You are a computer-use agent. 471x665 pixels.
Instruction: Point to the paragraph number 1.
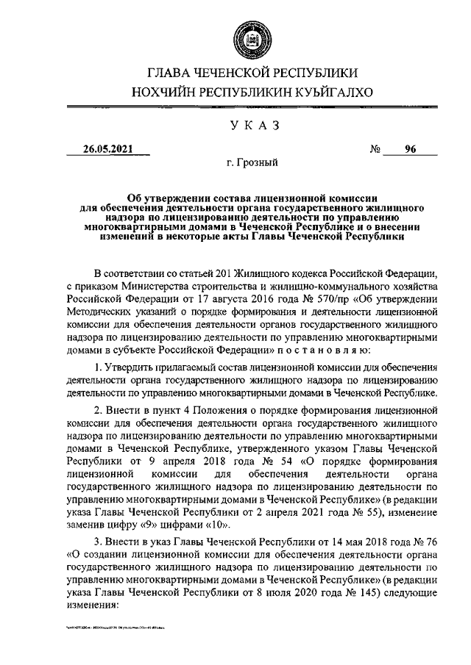98,366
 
